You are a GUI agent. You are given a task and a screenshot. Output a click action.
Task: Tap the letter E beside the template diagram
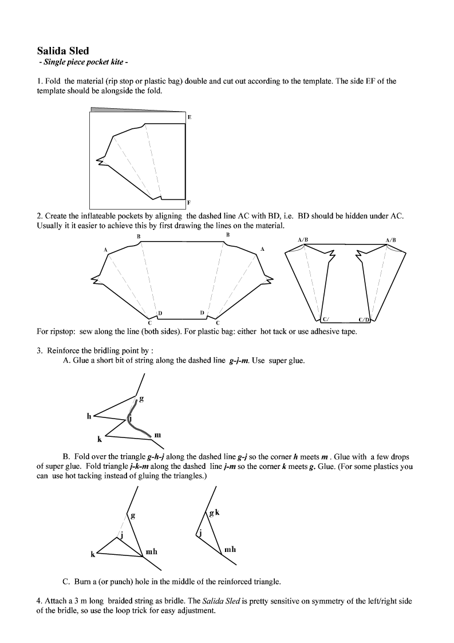click(190, 117)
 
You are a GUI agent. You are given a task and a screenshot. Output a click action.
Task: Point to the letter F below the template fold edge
click(189, 203)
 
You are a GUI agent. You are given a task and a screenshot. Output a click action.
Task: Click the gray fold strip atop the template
click(137, 109)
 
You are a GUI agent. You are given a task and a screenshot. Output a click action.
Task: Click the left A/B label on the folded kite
click(303, 239)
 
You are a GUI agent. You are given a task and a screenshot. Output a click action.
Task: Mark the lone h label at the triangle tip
click(89, 416)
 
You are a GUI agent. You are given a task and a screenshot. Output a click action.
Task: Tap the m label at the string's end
click(157, 435)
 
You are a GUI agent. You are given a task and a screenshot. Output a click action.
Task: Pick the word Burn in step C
click(84, 582)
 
